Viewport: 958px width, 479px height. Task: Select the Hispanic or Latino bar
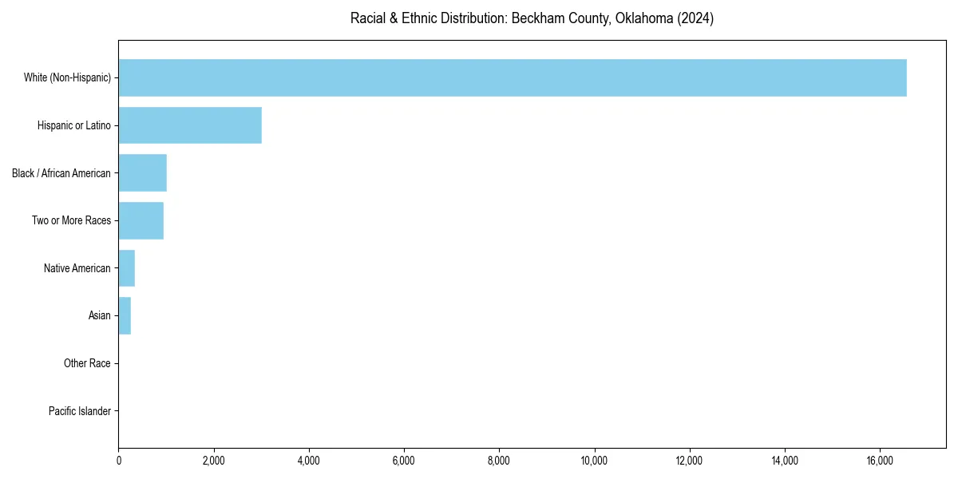coord(190,125)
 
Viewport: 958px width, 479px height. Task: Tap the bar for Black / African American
coord(143,173)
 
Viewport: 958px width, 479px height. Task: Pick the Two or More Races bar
coord(141,220)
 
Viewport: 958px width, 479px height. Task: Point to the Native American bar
coord(127,268)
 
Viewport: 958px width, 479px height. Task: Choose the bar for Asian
coord(125,316)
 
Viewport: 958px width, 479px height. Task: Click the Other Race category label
coord(87,364)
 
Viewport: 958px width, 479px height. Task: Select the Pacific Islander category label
coord(80,412)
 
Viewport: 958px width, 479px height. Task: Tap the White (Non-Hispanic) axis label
coord(67,77)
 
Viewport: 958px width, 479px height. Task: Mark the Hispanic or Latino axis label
coord(74,125)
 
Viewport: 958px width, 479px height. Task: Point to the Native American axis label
coord(77,268)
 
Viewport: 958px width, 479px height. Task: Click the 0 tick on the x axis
coord(119,460)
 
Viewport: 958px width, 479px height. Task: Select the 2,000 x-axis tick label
coord(214,460)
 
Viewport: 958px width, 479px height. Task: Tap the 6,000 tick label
coord(404,460)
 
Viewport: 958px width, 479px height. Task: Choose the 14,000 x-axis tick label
coord(785,460)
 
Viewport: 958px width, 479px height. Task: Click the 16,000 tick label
coord(880,460)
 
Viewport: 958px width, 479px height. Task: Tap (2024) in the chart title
coord(695,18)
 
